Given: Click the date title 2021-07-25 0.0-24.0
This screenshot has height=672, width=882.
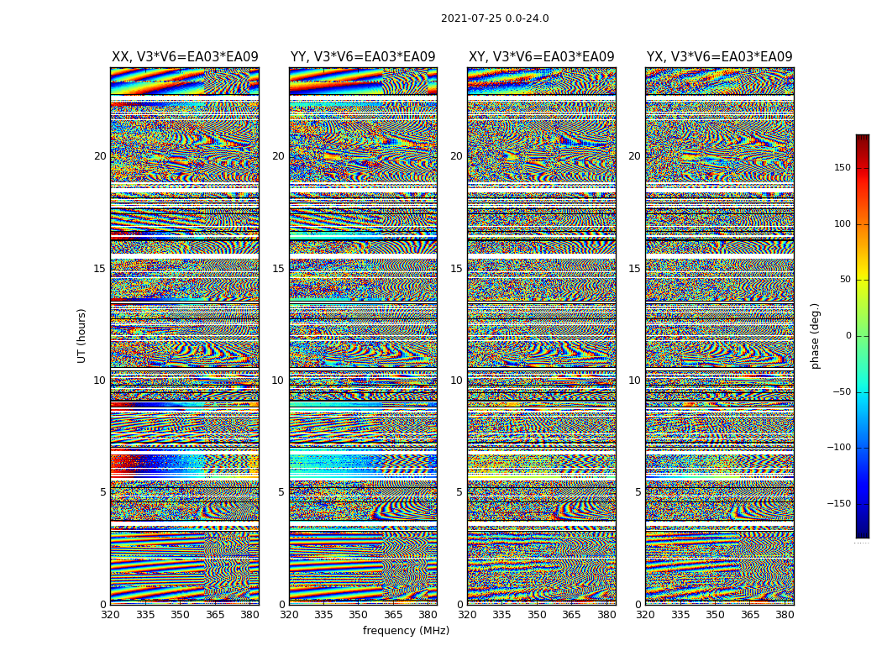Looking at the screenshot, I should point(495,18).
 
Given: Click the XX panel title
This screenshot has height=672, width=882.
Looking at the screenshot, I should point(185,57).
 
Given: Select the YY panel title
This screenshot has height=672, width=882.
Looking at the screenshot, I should point(363,57).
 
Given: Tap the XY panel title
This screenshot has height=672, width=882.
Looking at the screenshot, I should point(541,57).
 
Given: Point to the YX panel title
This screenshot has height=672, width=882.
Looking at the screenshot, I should point(719,57).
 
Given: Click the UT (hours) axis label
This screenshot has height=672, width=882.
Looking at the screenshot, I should point(82,335).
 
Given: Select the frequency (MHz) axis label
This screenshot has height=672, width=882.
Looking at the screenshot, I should point(406,631).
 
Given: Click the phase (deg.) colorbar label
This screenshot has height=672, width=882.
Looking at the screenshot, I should point(816,335).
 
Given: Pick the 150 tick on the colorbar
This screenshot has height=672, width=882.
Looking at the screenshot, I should point(842,168).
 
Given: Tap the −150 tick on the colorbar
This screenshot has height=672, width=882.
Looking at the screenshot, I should point(839,504).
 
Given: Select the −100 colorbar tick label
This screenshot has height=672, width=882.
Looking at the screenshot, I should point(839,448).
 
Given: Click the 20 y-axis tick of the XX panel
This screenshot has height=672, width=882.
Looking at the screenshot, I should point(100,156).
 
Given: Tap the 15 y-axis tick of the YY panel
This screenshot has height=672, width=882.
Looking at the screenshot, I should point(278,269).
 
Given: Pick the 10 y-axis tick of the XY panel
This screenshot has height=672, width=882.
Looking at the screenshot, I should point(456,381).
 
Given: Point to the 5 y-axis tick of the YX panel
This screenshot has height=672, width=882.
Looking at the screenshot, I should point(638,492).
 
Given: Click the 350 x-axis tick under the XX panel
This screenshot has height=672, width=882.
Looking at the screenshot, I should point(181,615).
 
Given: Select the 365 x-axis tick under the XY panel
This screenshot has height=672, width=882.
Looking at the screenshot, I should point(571,615).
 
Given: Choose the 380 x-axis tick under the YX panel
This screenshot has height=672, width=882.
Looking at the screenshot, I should point(785,615).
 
